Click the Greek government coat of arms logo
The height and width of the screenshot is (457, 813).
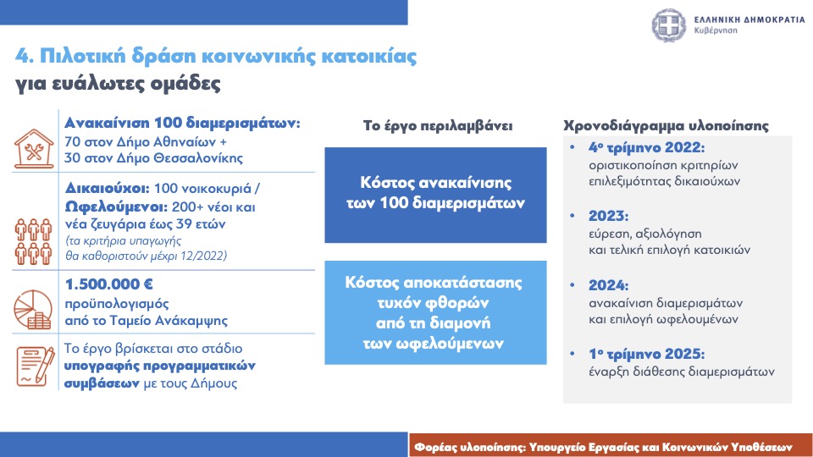pyautogui.click(x=669, y=25)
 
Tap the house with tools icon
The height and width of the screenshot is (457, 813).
pyautogui.click(x=34, y=149)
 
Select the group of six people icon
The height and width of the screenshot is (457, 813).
pyautogui.click(x=34, y=241)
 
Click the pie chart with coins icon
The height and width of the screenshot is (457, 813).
pyautogui.click(x=33, y=310)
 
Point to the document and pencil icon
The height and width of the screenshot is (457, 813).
pyautogui.click(x=36, y=366)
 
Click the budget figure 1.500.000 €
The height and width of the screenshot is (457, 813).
pyautogui.click(x=109, y=284)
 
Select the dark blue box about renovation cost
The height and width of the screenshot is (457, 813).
pyautogui.click(x=435, y=195)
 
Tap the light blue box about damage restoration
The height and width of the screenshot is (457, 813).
pyautogui.click(x=435, y=312)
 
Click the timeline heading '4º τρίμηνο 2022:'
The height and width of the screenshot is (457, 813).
pyautogui.click(x=646, y=147)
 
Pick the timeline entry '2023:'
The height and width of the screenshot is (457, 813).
pyautogui.click(x=608, y=216)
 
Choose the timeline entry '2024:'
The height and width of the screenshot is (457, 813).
pyautogui.click(x=608, y=285)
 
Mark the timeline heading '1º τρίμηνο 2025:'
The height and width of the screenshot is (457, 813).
pyautogui.click(x=646, y=354)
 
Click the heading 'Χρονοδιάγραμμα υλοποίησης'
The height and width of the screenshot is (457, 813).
pyautogui.click(x=666, y=126)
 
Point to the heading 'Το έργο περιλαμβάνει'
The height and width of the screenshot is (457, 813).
pyautogui.click(x=438, y=126)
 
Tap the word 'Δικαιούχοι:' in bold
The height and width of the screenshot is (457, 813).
pyautogui.click(x=108, y=188)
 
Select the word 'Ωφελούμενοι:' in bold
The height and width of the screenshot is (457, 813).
pyautogui.click(x=116, y=207)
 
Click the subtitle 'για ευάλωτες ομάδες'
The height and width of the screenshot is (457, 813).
pyautogui.click(x=118, y=84)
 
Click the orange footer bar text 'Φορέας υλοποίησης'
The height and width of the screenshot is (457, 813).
pyautogui.click(x=469, y=447)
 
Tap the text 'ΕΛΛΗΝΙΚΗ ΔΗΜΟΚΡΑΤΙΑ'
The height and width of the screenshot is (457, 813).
pyautogui.click(x=749, y=19)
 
